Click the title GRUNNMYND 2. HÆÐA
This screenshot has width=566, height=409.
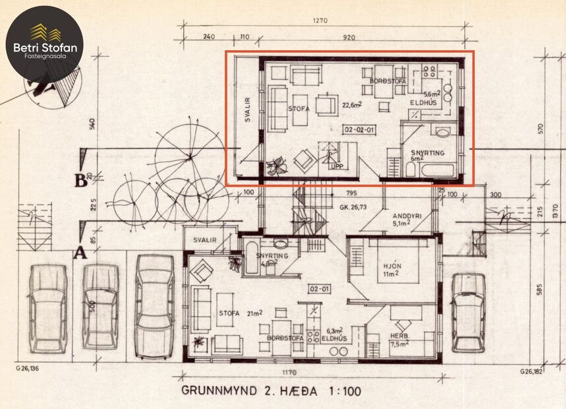(x=250, y=391)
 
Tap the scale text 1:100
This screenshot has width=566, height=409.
(x=343, y=391)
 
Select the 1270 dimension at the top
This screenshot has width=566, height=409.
(x=321, y=20)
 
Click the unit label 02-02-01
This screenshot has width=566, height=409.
(x=359, y=129)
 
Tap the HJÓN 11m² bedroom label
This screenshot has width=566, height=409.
(x=393, y=270)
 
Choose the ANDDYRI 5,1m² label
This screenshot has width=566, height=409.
(x=403, y=219)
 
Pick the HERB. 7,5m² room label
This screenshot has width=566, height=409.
(x=399, y=339)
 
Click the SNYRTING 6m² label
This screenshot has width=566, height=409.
(x=428, y=155)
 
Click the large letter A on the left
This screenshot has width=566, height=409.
(x=80, y=251)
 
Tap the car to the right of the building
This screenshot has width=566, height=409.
(x=468, y=312)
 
